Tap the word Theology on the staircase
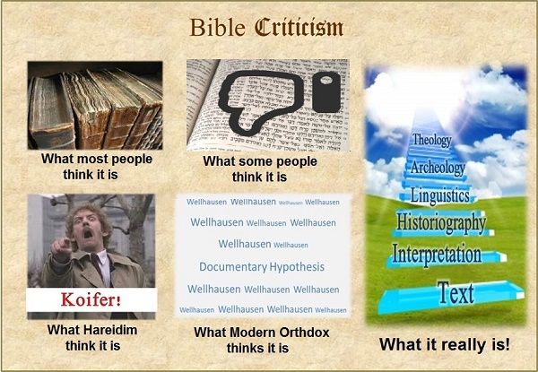tap(431, 140)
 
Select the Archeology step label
tap(437, 167)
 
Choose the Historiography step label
tap(439, 221)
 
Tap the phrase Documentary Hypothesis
tap(262, 266)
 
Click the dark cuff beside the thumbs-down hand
tap(323, 92)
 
